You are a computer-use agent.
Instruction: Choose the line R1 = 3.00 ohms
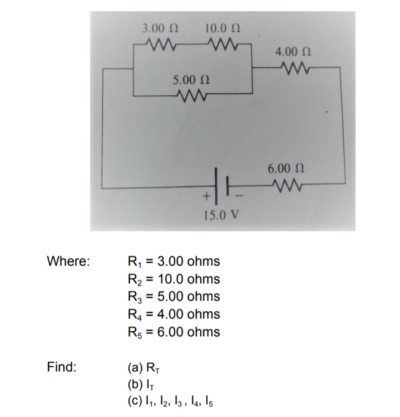point(174,261)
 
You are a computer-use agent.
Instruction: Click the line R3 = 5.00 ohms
point(174,296)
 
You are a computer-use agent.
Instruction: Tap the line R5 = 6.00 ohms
point(174,332)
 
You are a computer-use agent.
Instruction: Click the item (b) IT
point(140,385)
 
